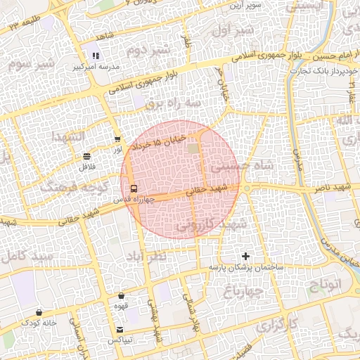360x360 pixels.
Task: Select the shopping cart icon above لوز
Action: pos(117,139)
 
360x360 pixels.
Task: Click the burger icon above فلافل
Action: pos(86,155)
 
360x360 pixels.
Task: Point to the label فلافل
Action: pos(86,166)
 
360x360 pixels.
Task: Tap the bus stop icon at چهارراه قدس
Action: pos(133,188)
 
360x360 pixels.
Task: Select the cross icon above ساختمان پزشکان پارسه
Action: pos(245,257)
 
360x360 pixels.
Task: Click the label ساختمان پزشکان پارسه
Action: pos(244,268)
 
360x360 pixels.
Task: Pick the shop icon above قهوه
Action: pos(122,296)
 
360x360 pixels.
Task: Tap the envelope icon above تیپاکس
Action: pos(120,330)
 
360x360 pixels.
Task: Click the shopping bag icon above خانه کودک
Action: pos(39,313)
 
